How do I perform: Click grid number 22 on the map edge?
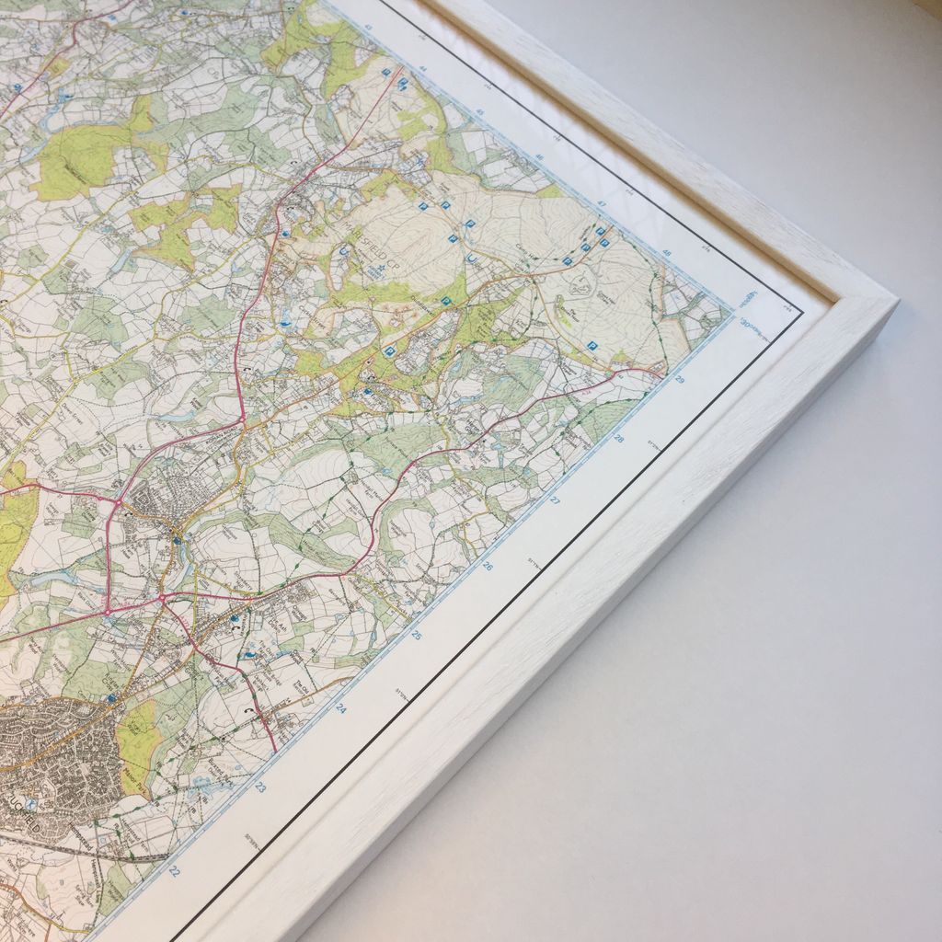175,871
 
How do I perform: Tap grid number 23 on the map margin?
260,788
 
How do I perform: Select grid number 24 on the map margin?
340,709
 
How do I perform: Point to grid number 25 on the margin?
416,635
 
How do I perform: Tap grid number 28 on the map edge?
618,439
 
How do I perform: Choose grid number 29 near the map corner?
679,379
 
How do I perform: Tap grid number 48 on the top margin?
667,253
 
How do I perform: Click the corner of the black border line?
803,313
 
